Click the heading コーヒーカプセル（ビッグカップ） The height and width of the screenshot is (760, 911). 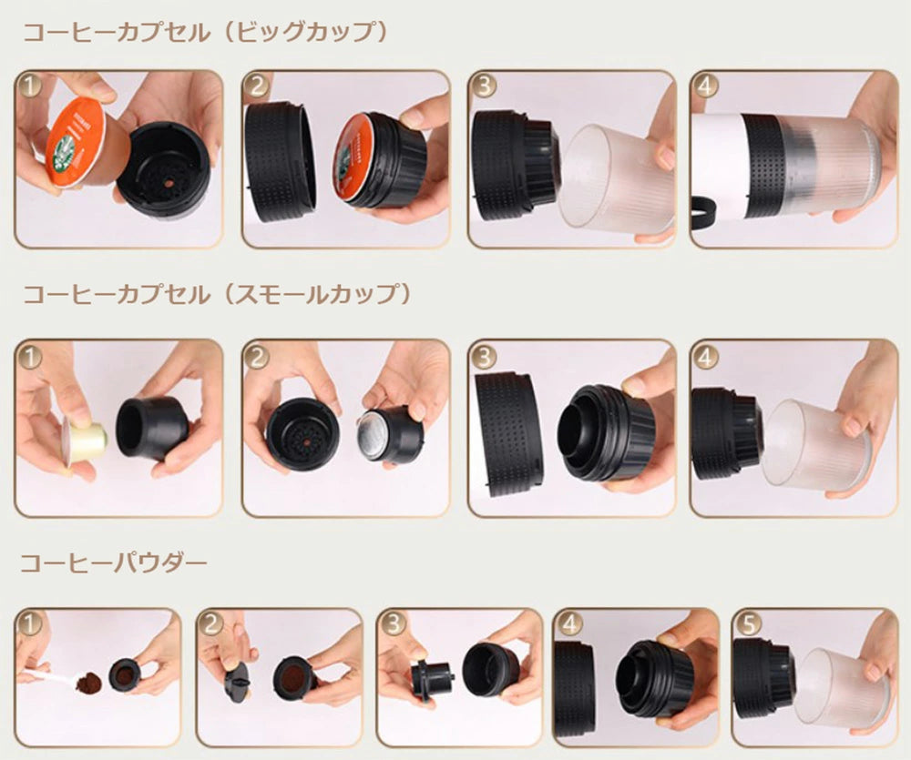point(204,33)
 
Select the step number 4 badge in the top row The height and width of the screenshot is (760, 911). point(706,86)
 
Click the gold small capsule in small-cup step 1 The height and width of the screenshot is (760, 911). point(84,441)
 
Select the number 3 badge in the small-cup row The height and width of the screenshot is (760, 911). point(484,357)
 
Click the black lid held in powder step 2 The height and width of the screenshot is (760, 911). point(236,680)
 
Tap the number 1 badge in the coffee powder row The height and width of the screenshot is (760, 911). point(30,623)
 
